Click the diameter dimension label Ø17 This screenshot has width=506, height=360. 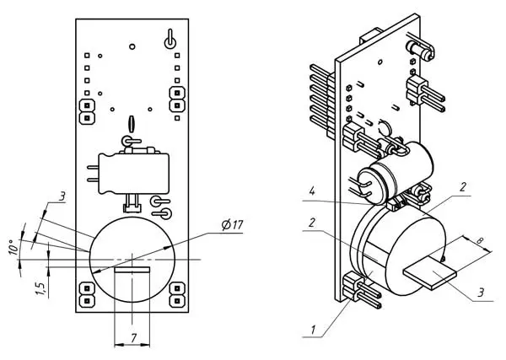point(233,225)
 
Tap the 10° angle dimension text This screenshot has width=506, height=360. point(13,247)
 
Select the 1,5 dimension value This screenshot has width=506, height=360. point(40,288)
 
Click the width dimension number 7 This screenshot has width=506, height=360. point(133,338)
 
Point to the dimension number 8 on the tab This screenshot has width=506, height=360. point(480,241)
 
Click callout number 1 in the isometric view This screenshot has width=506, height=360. point(313,330)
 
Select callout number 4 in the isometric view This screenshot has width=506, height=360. point(312,191)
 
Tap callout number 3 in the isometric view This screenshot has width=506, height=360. point(482,293)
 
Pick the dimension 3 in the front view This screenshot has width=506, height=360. point(62,196)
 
